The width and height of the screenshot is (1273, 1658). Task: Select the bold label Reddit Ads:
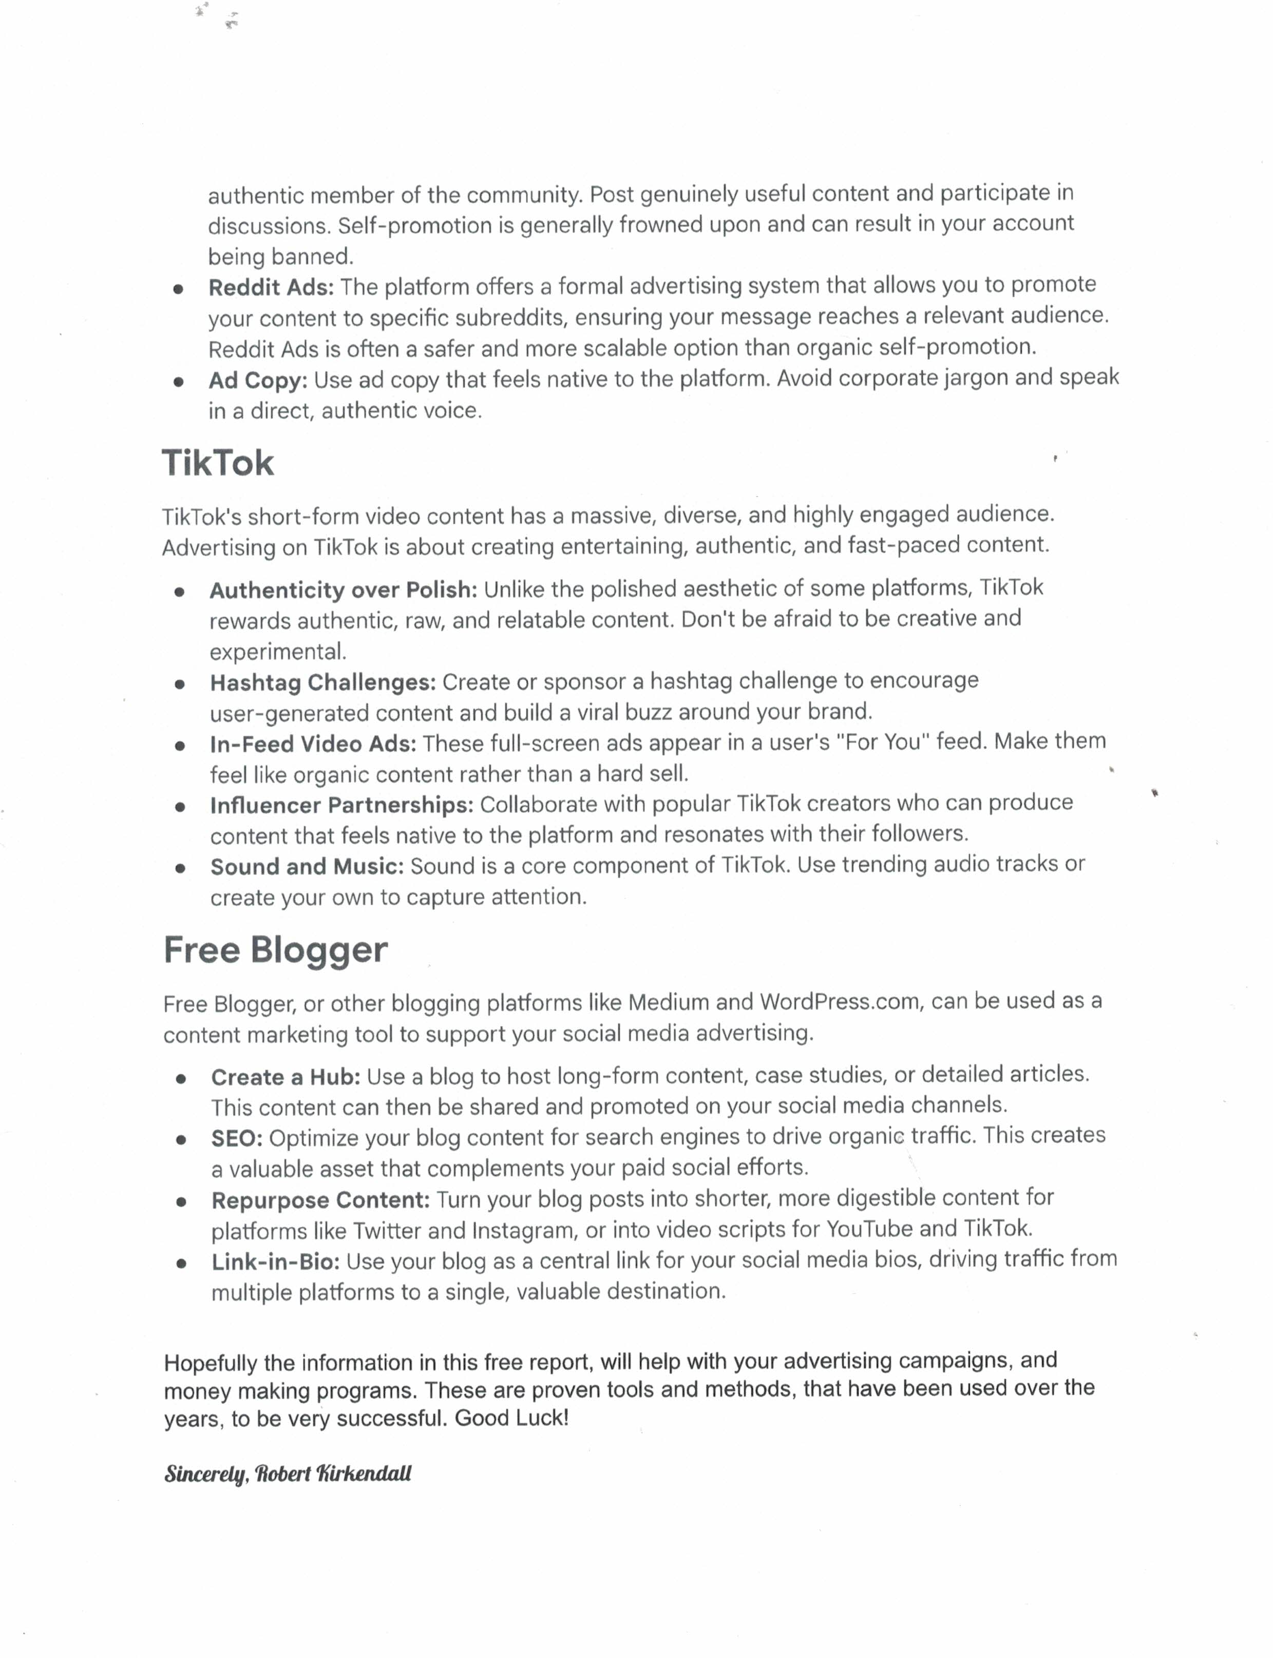click(x=271, y=288)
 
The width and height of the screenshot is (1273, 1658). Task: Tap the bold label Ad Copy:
click(x=258, y=380)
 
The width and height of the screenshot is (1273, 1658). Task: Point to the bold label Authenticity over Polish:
click(x=343, y=590)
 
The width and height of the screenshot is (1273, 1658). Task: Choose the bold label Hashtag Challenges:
click(x=323, y=683)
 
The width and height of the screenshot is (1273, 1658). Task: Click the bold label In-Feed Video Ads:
click(x=313, y=744)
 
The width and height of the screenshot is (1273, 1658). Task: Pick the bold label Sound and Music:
click(x=307, y=866)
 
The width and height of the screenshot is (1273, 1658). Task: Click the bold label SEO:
click(x=236, y=1138)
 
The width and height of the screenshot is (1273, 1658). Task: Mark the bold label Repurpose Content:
click(x=320, y=1200)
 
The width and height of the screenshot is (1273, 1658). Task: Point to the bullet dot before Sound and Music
click(x=180, y=868)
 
